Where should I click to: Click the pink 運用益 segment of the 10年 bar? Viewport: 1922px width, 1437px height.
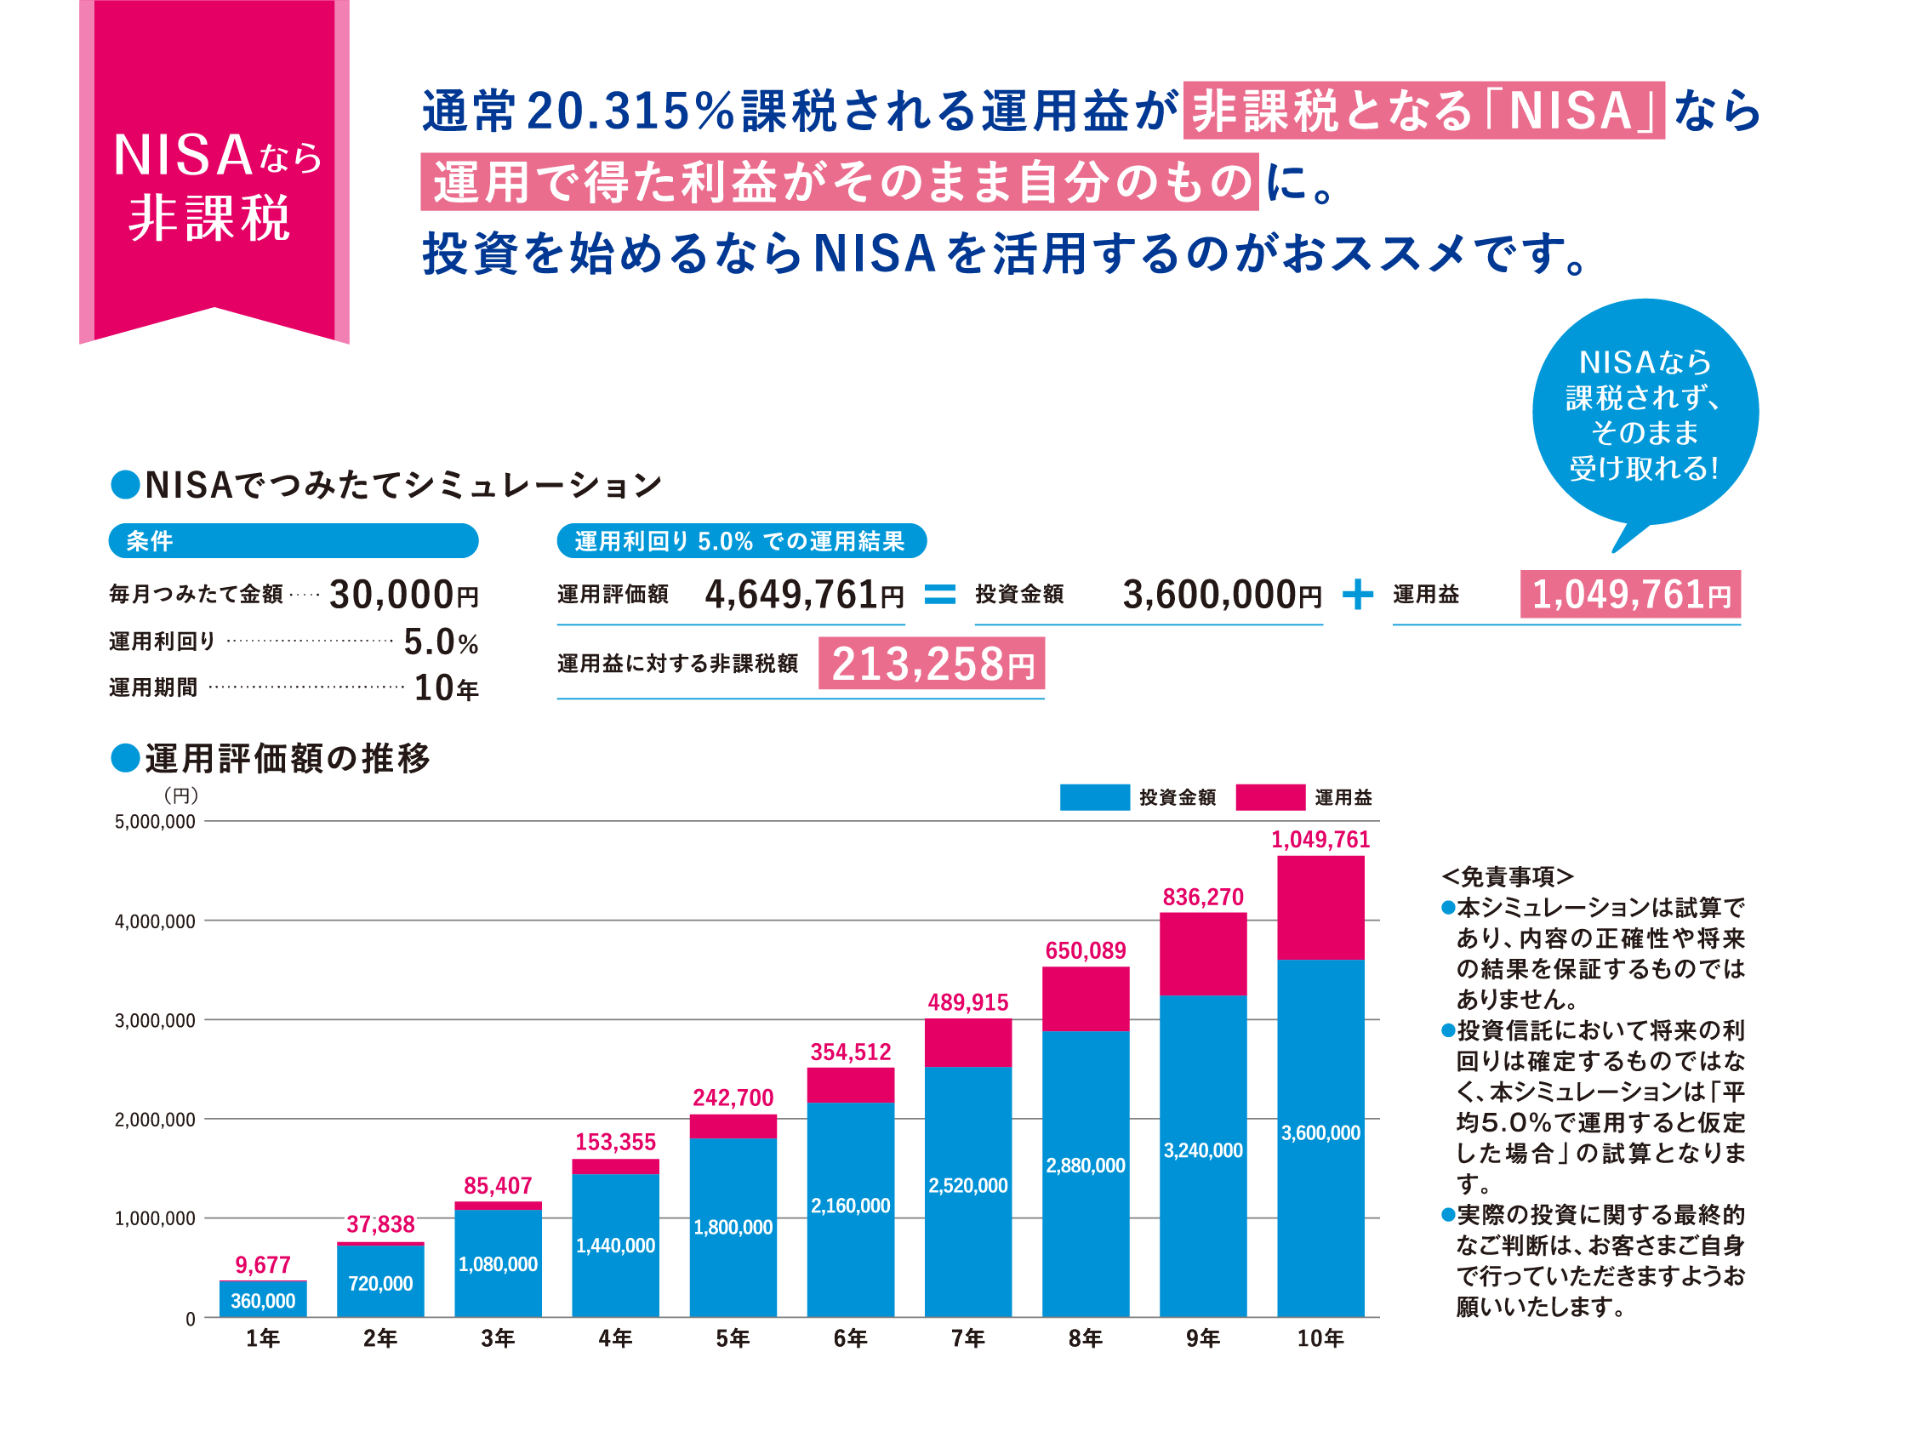click(x=1320, y=907)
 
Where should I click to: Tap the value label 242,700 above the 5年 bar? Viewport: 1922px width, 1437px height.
click(x=733, y=1098)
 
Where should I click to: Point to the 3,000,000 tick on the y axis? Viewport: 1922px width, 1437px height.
click(x=155, y=1021)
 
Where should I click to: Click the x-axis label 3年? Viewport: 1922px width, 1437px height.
click(x=497, y=1339)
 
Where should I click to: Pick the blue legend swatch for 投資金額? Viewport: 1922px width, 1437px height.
click(x=1094, y=796)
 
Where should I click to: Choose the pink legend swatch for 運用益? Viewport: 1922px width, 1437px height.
click(x=1269, y=796)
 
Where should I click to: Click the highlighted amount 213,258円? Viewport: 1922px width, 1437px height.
click(x=931, y=664)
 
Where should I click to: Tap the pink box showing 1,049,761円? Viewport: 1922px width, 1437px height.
click(x=1629, y=594)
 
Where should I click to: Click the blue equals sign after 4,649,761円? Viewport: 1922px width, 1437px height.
click(x=939, y=594)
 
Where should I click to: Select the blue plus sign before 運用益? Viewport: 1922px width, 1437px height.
click(x=1357, y=595)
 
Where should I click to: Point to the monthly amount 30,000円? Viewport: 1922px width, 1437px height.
click(x=404, y=595)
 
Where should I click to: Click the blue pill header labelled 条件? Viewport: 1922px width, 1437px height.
click(x=293, y=540)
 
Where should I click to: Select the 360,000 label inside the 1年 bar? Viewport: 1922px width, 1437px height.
click(x=262, y=1302)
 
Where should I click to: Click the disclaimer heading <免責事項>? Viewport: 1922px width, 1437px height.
click(x=1508, y=875)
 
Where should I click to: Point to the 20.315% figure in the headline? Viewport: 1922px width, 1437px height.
click(x=630, y=111)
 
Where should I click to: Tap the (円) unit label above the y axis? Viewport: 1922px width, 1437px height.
click(x=180, y=795)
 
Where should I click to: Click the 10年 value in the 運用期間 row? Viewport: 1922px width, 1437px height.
click(x=446, y=688)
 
